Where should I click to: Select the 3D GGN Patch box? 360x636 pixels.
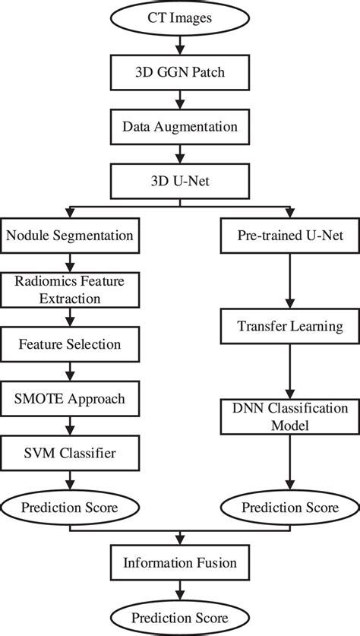pos(179,74)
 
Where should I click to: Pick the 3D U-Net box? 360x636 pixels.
pos(179,182)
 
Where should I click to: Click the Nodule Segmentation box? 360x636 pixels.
pos(71,236)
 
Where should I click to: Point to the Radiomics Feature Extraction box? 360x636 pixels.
pos(71,290)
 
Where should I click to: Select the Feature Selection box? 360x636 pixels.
pos(71,344)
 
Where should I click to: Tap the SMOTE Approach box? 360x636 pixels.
pos(71,398)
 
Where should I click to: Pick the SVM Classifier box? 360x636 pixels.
pos(71,453)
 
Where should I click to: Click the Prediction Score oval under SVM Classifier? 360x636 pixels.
pos(71,507)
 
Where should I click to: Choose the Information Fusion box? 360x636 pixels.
pos(179,563)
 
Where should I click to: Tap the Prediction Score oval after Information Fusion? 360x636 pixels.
pos(179,616)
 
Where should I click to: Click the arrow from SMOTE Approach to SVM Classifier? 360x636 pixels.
pos(71,426)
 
